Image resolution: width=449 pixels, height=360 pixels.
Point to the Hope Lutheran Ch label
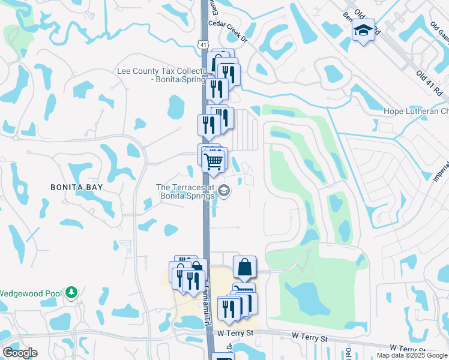(x=416, y=112)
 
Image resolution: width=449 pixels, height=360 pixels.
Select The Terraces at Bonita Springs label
(x=185, y=192)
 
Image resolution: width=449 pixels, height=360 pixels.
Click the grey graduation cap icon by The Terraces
(x=224, y=191)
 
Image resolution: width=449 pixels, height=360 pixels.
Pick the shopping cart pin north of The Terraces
(x=214, y=161)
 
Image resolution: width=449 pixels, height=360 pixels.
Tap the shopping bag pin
(x=244, y=267)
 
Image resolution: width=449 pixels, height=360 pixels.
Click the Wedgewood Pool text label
(x=31, y=293)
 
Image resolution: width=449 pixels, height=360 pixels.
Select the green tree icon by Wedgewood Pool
(x=71, y=293)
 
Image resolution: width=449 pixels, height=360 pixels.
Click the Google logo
(x=20, y=352)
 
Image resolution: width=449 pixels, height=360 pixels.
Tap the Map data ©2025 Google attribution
(x=411, y=355)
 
